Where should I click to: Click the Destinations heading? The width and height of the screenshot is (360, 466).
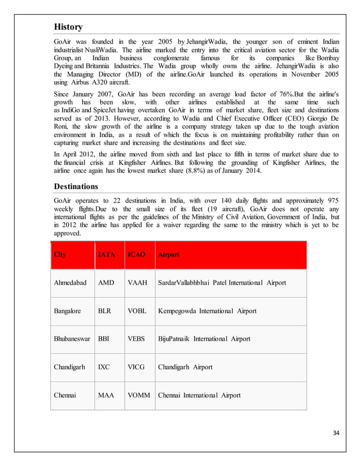tap(76, 186)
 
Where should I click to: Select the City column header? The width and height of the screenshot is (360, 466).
tap(59, 254)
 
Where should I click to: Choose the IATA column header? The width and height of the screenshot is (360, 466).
tap(107, 254)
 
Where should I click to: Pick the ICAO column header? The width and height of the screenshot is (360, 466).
tap(137, 254)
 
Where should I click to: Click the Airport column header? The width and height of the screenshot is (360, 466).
tap(168, 254)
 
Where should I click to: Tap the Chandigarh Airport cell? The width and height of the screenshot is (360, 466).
tap(185, 367)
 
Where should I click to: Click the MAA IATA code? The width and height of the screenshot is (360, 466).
tap(106, 395)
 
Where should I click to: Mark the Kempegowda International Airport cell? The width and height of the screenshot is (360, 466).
tap(207, 311)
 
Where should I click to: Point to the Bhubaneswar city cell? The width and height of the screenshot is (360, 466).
tap(72, 339)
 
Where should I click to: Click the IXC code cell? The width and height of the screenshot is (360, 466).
tap(104, 367)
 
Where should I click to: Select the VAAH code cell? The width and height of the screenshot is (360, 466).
tap(138, 282)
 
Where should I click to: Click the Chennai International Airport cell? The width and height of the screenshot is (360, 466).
tap(199, 395)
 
